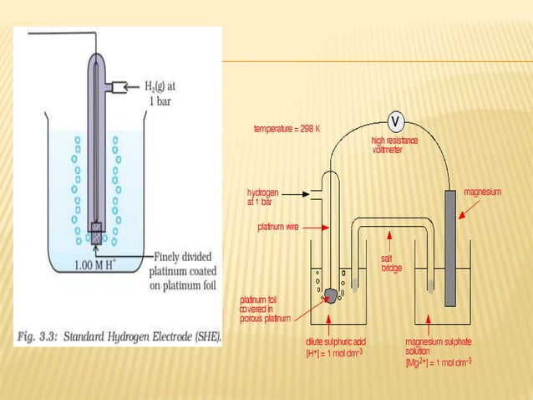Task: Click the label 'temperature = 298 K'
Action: [x=287, y=130]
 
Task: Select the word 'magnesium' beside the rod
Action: [x=483, y=192]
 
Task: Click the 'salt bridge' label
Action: [x=392, y=263]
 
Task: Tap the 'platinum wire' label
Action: [x=278, y=227]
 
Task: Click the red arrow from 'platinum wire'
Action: [x=315, y=227]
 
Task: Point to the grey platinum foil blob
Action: [x=332, y=294]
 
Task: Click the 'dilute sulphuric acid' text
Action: [x=336, y=341]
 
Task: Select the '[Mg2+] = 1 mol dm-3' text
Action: [x=438, y=362]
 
